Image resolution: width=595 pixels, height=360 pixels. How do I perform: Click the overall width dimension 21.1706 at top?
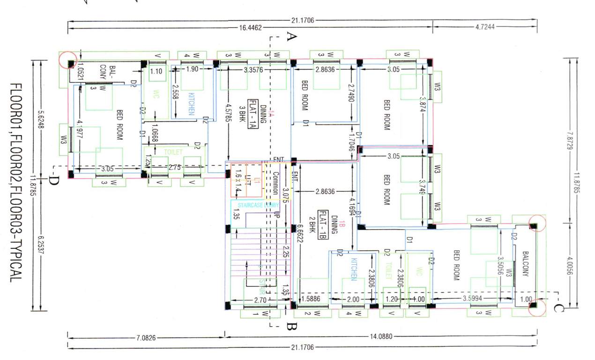[x=302, y=21]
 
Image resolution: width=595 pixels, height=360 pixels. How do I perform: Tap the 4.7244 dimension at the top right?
[x=484, y=28]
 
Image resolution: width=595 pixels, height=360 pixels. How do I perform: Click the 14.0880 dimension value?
[x=380, y=336]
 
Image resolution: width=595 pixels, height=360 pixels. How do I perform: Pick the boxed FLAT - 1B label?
[x=322, y=225]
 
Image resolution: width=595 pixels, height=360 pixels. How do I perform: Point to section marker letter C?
[x=558, y=308]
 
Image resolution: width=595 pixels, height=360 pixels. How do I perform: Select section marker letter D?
[x=53, y=180]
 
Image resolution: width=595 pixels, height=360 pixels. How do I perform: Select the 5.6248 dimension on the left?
[x=41, y=114]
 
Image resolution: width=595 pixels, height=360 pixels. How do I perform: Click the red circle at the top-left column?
[x=68, y=60]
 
